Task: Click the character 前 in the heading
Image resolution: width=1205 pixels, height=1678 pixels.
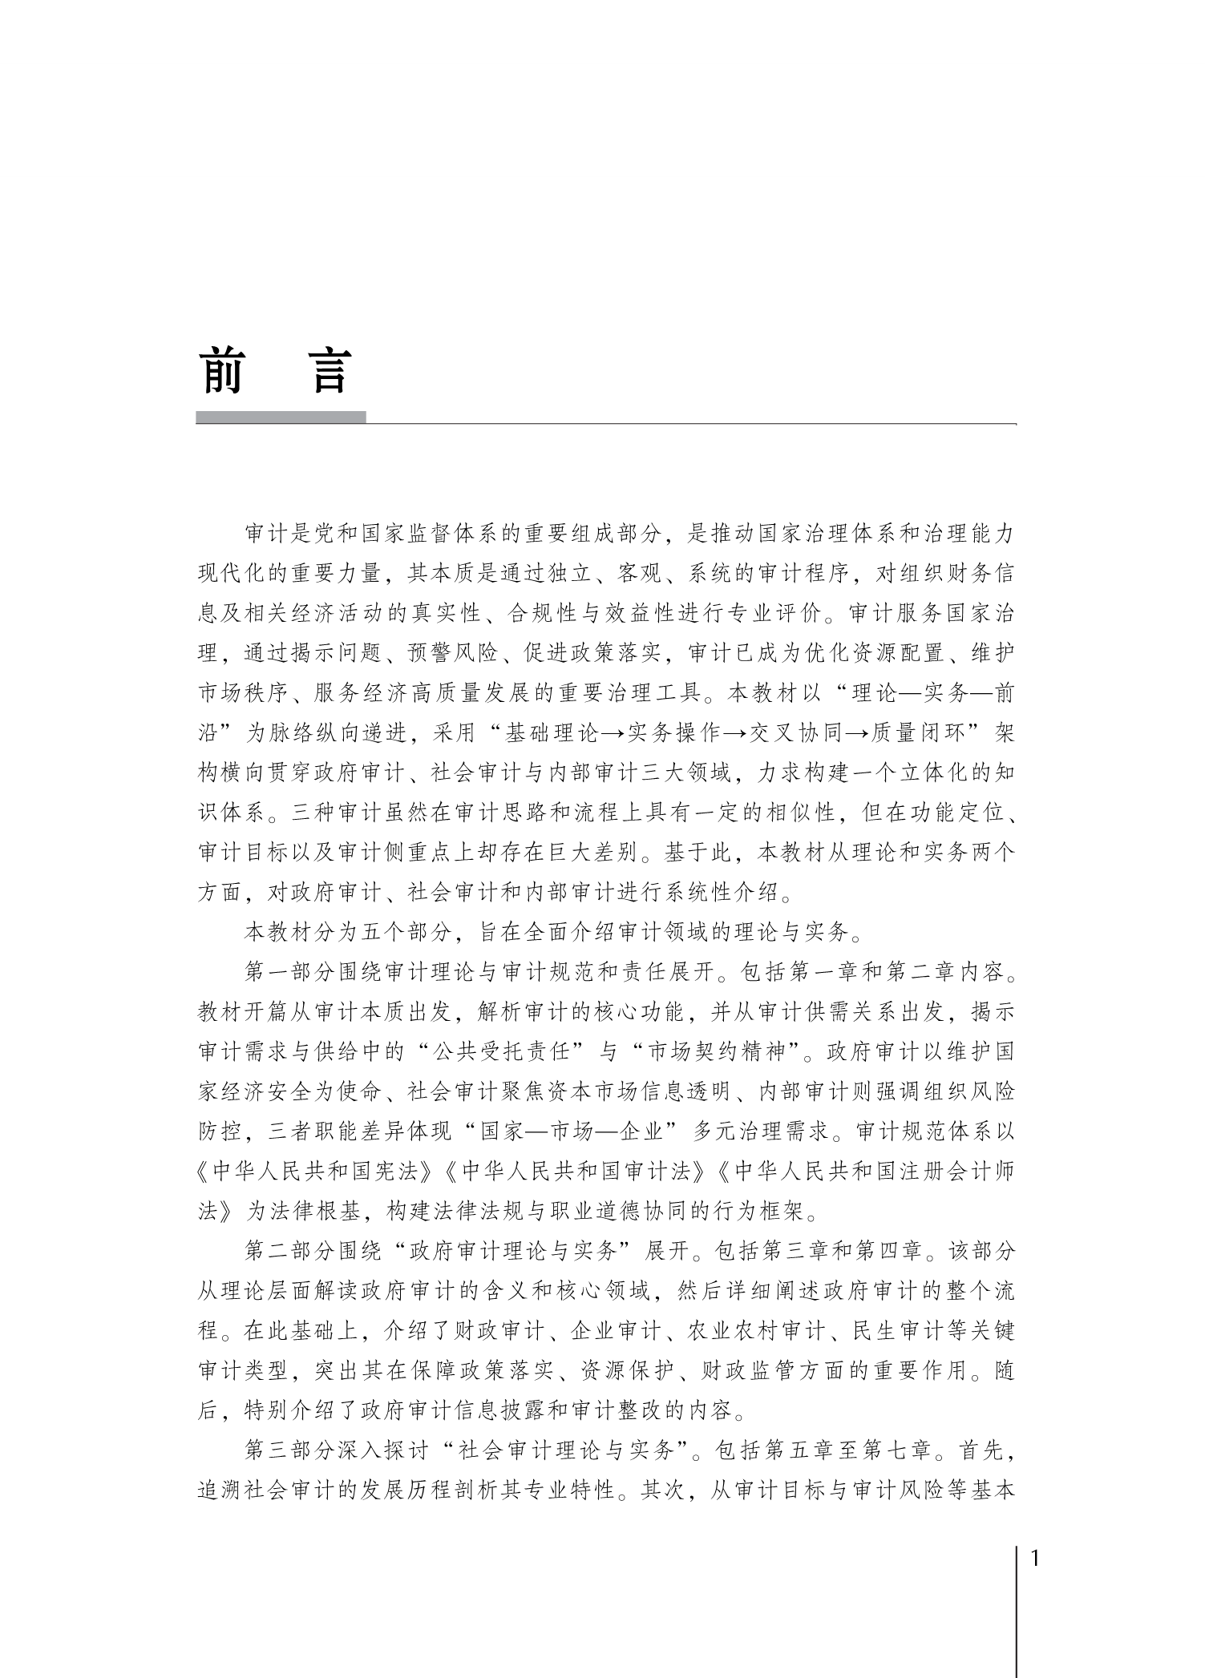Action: click(x=223, y=370)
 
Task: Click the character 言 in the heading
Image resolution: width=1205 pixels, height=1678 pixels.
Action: click(x=330, y=370)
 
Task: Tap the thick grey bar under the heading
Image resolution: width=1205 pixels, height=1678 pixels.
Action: click(x=281, y=417)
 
